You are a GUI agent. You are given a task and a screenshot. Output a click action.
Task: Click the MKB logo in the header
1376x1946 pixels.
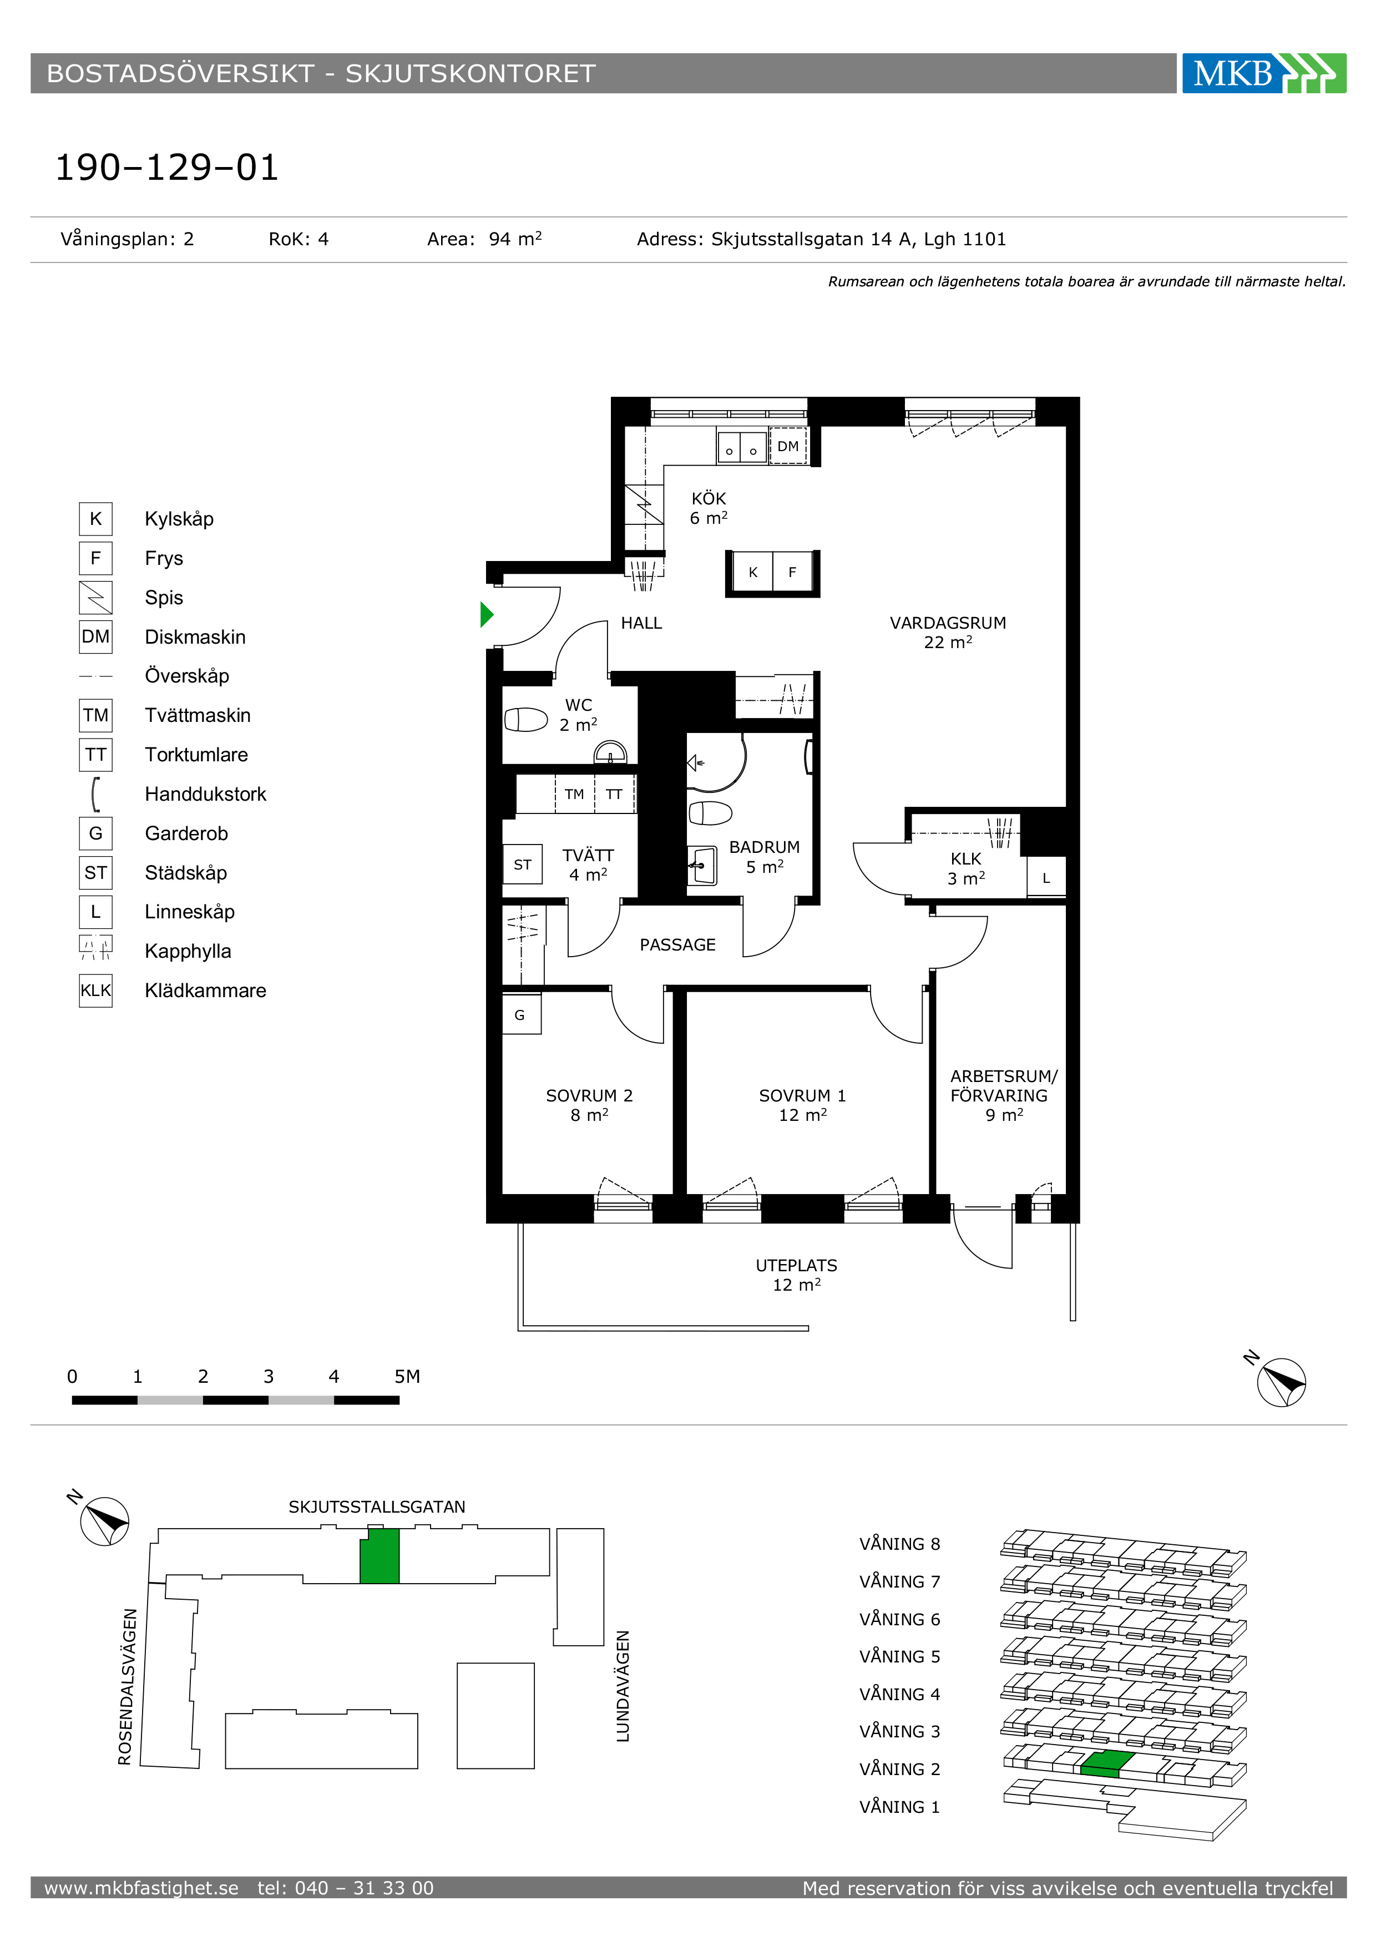(x=1263, y=73)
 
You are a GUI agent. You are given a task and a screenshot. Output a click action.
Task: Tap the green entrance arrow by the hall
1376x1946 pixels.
(x=487, y=614)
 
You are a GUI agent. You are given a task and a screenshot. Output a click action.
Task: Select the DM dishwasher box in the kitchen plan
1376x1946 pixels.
(x=788, y=446)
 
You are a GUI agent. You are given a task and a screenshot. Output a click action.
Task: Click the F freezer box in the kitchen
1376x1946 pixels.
(x=793, y=572)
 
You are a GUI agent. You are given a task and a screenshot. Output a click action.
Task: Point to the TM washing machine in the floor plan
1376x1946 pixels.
(x=574, y=794)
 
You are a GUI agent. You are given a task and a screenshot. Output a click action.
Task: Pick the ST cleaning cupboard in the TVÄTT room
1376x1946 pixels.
(x=522, y=865)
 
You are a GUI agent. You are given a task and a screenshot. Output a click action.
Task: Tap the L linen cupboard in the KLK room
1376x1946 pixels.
(x=1046, y=878)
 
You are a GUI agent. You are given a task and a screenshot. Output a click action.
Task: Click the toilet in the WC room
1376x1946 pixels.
(x=526, y=720)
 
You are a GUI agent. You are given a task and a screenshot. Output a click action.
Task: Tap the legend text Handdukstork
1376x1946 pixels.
(x=205, y=794)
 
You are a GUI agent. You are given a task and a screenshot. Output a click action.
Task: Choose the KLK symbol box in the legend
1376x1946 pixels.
(x=96, y=990)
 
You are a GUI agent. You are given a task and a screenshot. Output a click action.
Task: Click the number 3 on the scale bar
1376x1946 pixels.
(x=269, y=1377)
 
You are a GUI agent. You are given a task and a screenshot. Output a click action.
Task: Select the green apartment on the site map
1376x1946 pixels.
(x=380, y=1555)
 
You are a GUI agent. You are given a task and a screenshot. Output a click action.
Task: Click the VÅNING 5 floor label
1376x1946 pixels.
(x=900, y=1656)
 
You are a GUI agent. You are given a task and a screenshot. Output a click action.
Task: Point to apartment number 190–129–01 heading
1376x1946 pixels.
(x=167, y=167)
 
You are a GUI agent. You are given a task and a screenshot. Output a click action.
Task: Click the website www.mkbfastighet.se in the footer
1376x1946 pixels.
(x=141, y=1888)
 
